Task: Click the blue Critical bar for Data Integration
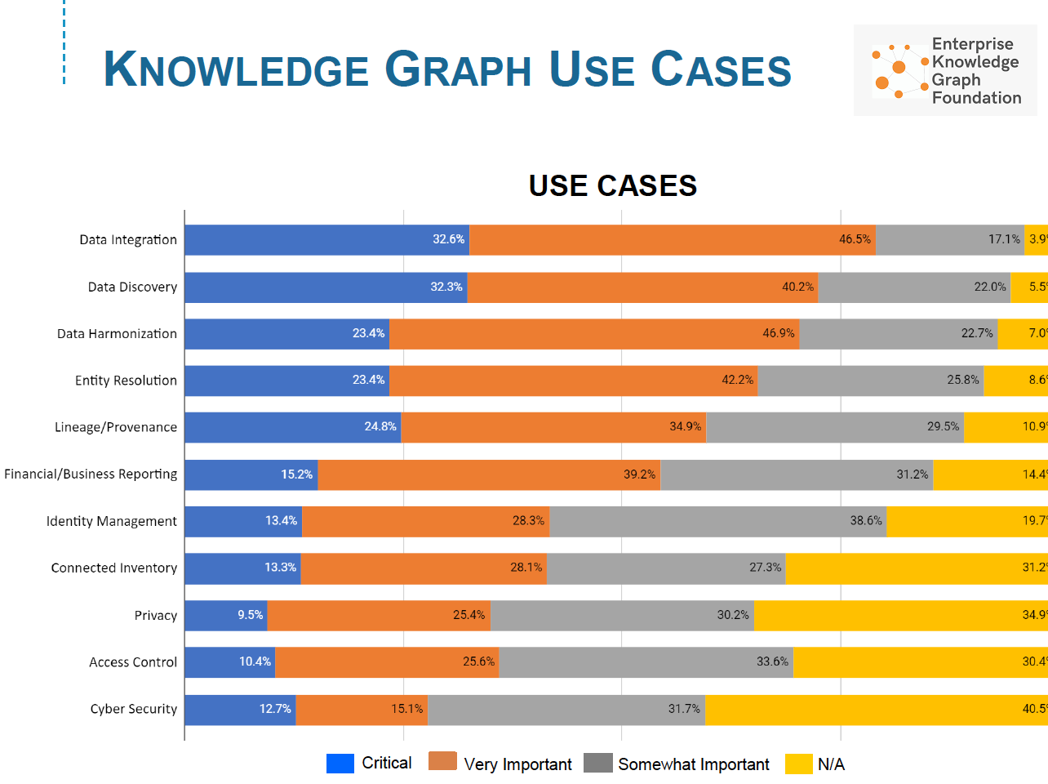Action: [326, 240]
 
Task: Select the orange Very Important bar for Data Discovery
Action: [642, 287]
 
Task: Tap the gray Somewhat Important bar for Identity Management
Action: [717, 522]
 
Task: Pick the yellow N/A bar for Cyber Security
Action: [876, 710]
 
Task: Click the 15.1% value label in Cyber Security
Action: [406, 709]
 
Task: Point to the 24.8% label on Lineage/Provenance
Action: [380, 427]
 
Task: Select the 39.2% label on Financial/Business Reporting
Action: [639, 474]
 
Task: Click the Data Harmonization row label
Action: [117, 334]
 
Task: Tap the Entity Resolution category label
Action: [126, 381]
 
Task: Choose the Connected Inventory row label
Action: [113, 568]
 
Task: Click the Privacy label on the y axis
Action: [155, 616]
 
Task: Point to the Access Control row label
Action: [132, 662]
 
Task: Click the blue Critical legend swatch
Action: [340, 764]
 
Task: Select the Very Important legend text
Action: [517, 764]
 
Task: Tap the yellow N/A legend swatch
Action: [798, 764]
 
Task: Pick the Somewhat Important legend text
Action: [693, 764]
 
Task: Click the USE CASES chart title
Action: [612, 186]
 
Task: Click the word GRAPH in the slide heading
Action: [458, 69]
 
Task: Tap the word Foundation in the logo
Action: [976, 98]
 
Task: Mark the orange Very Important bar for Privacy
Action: [379, 616]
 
